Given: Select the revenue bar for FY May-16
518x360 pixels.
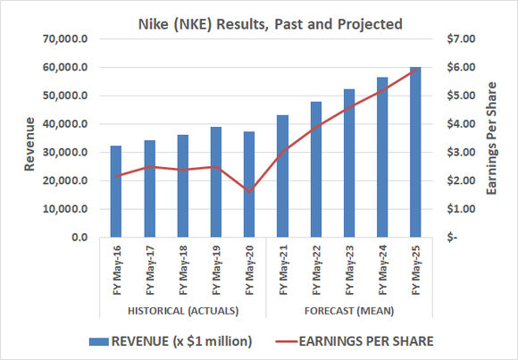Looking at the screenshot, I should click(x=115, y=192).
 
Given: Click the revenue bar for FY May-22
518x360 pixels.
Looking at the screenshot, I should click(x=316, y=170).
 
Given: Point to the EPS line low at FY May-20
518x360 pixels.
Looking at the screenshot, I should click(x=249, y=191).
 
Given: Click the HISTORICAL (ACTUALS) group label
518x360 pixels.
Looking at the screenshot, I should click(x=182, y=311).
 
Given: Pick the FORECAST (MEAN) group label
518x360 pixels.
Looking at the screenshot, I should click(x=349, y=311).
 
